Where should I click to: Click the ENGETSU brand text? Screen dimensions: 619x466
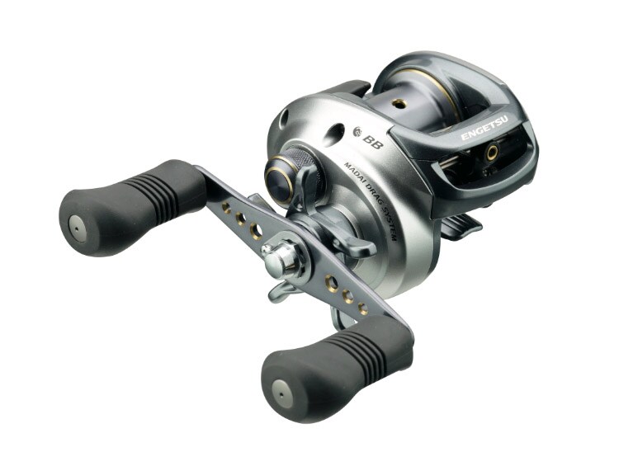(486, 129)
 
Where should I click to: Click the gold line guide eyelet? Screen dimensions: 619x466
(492, 151)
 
